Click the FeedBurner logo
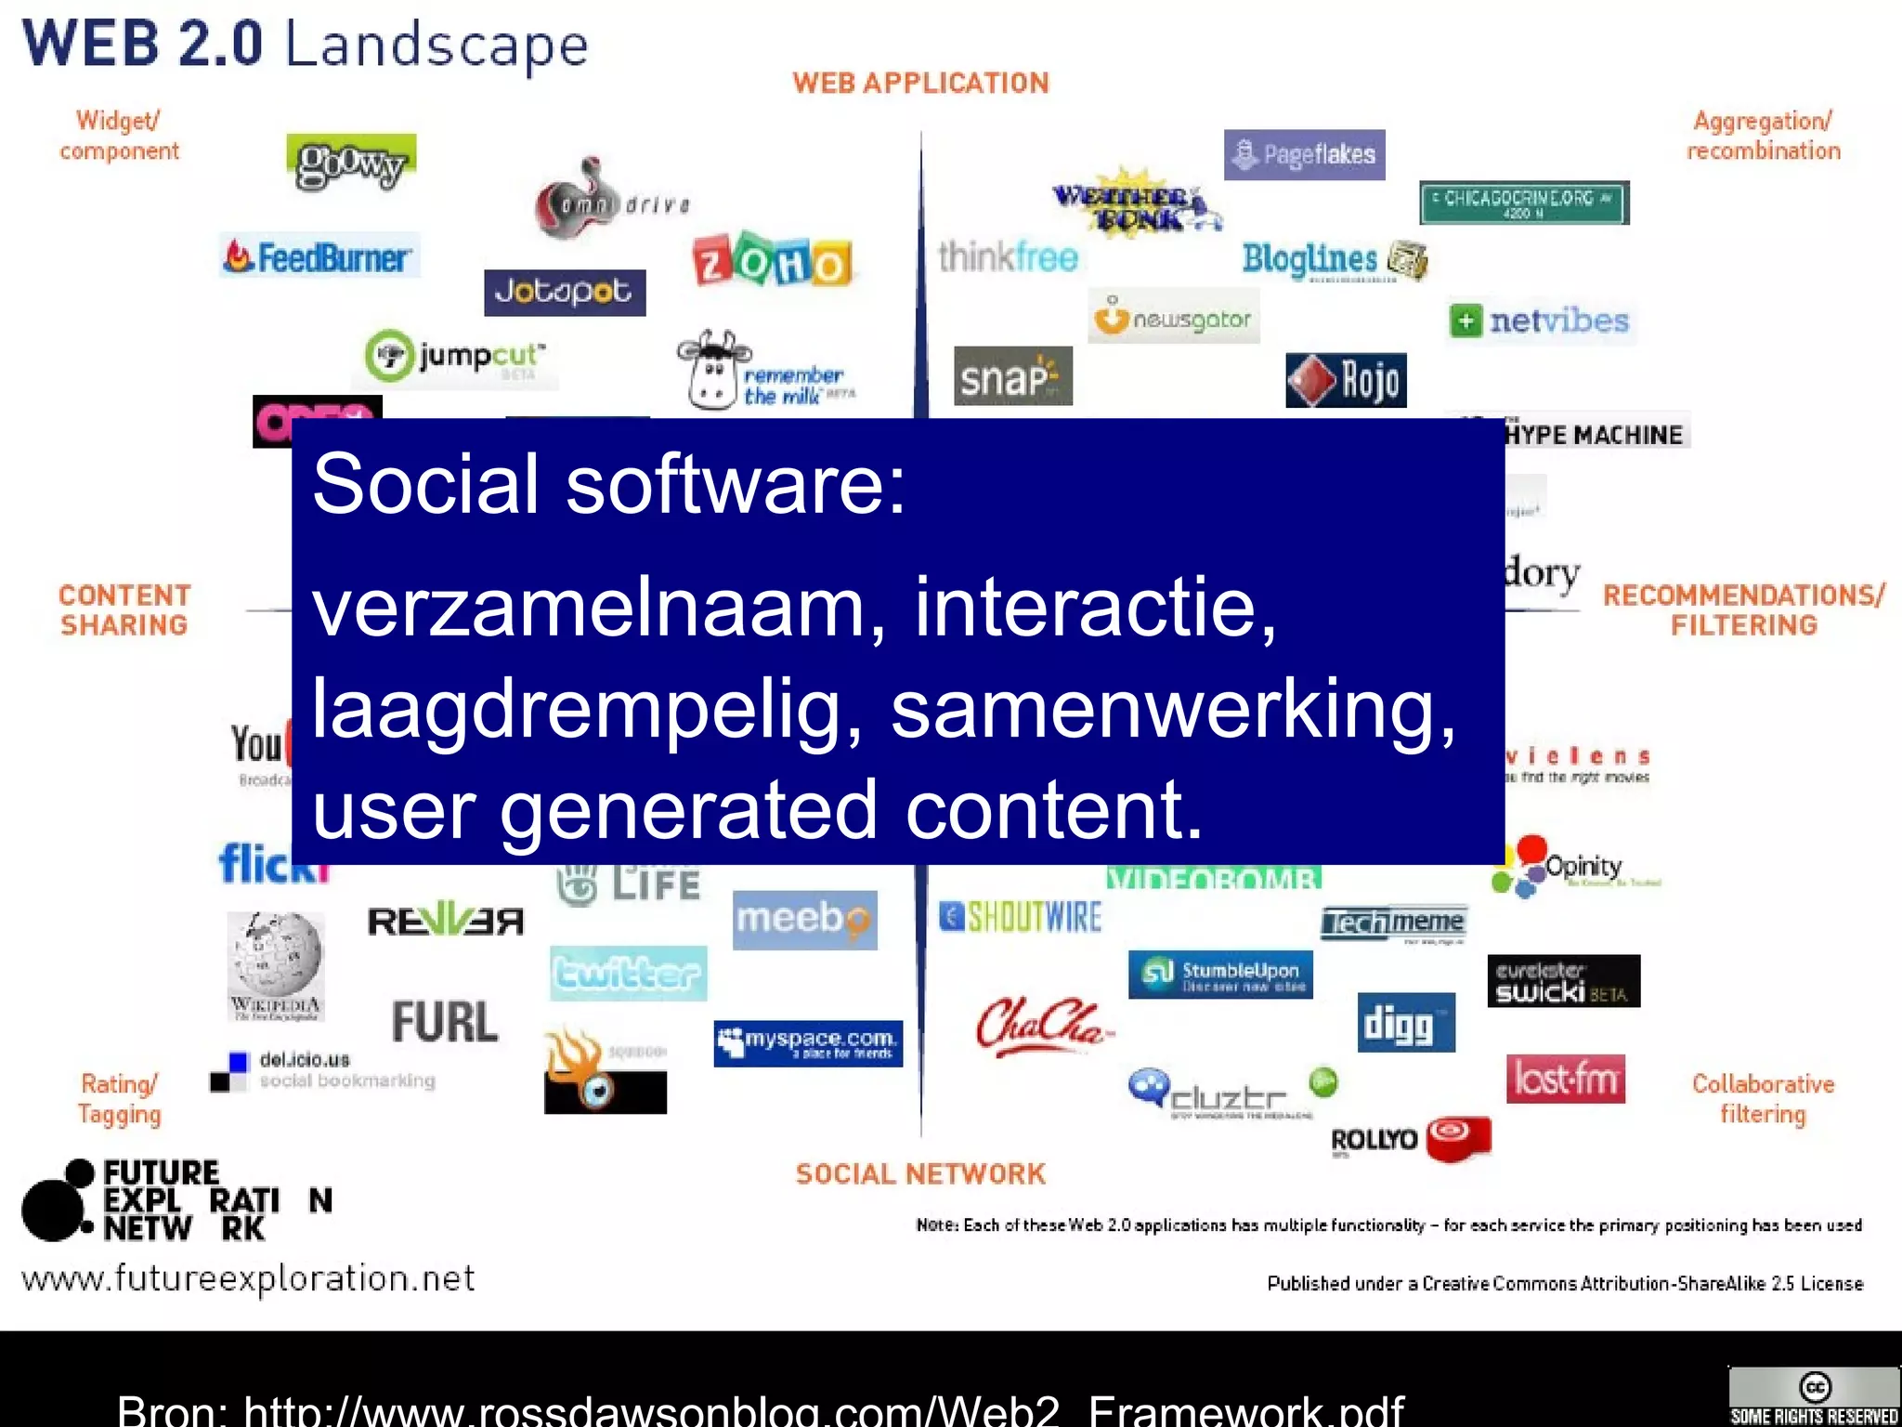[319, 256]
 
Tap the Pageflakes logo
[1304, 154]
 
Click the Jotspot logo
[564, 293]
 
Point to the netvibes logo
[1541, 321]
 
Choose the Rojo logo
[1346, 380]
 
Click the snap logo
[1012, 376]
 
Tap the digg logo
[1405, 1023]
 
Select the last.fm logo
[1565, 1080]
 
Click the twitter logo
[628, 974]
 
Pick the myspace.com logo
[808, 1043]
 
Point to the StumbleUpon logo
[1220, 975]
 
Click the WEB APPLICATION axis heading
[920, 84]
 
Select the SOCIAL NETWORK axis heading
[920, 1174]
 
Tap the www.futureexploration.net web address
[248, 1279]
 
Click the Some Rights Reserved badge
[1813, 1397]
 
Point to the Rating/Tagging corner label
[119, 1099]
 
